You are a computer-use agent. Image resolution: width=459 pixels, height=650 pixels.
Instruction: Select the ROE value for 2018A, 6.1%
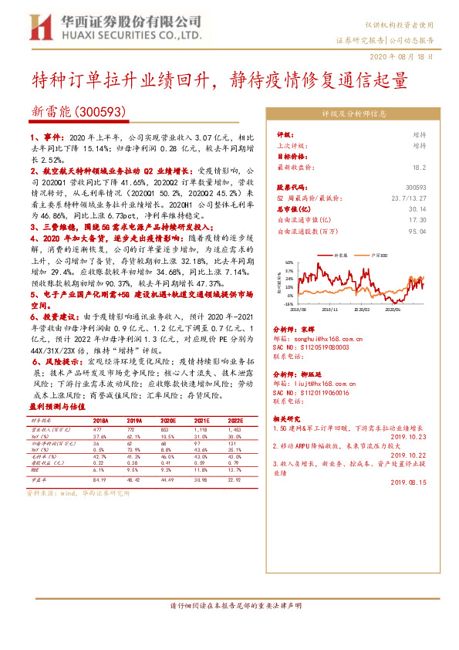coord(98,469)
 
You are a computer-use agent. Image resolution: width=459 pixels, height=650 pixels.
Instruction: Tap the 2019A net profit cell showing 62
coord(130,444)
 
